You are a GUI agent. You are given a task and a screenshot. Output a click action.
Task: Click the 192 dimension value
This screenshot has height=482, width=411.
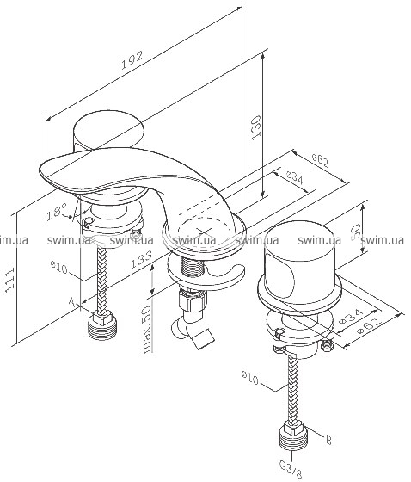132,60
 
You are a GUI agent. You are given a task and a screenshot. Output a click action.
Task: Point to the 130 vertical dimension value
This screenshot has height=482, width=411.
256,128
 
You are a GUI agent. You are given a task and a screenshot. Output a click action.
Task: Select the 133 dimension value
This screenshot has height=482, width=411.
141,260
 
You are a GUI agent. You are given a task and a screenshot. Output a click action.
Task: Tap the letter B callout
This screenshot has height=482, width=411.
328,441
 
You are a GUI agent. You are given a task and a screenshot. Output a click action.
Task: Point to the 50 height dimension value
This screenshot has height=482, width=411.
355,232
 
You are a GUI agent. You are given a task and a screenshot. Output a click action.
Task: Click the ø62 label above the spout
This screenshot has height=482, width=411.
320,160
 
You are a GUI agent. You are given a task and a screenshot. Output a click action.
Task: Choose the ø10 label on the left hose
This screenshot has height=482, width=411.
59,267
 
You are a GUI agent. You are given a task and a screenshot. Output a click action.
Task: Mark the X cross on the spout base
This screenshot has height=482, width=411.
203,231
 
